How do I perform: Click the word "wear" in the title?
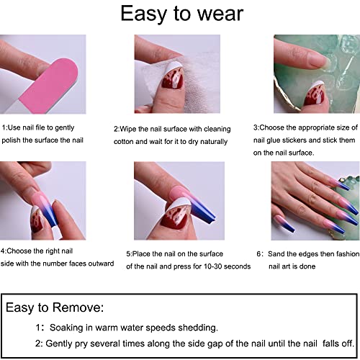coord(220,14)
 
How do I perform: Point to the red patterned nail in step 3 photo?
coord(315,94)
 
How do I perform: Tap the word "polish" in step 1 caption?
coord(11,140)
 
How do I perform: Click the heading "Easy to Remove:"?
coord(55,307)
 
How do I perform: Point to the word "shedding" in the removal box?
coord(197,328)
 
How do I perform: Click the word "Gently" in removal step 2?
coord(59,343)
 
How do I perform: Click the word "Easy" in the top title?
coord(143,14)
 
